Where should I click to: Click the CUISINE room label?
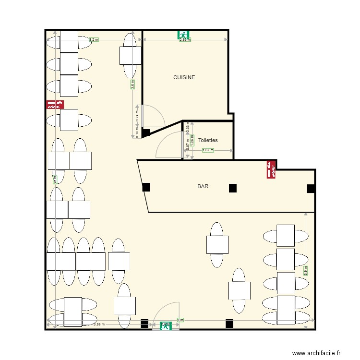pos(184,77)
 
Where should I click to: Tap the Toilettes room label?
pos(208,140)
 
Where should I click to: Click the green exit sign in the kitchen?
pos(183,35)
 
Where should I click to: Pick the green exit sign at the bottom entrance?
pos(166,326)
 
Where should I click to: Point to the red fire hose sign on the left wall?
pos(55,104)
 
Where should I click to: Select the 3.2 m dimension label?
pos(94,40)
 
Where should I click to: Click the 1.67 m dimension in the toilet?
pos(208,150)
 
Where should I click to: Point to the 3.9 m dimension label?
pos(306,272)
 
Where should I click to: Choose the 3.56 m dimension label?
pos(99,324)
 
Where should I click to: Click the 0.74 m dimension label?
pos(137,116)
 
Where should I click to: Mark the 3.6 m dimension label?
pos(132,84)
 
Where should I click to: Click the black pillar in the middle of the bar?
pos(233,188)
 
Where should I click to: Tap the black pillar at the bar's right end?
pos(311,189)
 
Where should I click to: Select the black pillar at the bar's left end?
pos(146,188)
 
